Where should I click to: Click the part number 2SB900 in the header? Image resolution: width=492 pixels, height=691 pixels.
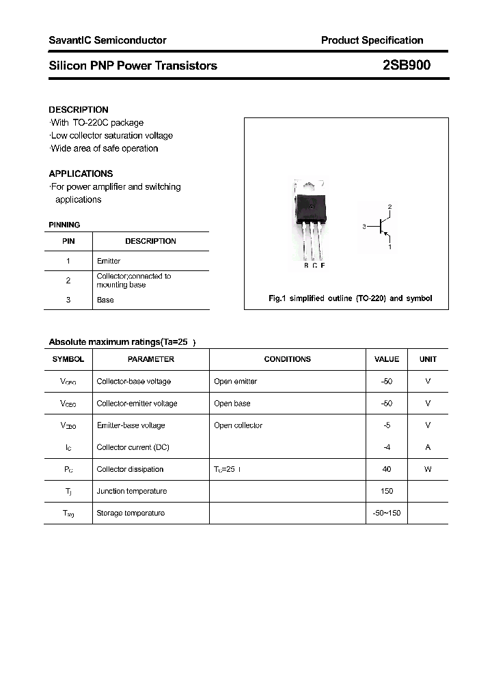click(407, 66)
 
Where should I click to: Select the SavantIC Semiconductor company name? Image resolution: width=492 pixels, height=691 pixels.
click(107, 40)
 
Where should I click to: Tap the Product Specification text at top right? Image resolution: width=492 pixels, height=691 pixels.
click(372, 40)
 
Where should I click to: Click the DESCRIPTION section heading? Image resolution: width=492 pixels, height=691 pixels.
click(79, 109)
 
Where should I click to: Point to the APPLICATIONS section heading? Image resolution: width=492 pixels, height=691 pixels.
click(81, 173)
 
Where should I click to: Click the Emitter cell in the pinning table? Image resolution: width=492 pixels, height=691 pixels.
click(109, 261)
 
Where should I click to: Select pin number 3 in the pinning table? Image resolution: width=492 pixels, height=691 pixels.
click(68, 300)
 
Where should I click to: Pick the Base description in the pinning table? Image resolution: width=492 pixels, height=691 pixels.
click(105, 300)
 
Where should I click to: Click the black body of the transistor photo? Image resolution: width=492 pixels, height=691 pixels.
click(310, 206)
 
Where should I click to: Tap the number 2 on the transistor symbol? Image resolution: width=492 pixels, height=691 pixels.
click(389, 206)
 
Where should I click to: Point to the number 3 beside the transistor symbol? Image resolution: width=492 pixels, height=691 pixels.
click(365, 226)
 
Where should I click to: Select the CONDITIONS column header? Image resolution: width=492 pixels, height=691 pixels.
click(287, 359)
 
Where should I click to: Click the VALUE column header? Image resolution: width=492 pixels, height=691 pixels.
click(387, 359)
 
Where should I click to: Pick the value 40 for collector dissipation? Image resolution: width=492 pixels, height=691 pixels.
click(387, 469)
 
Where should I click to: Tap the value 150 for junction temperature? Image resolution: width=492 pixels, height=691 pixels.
click(387, 491)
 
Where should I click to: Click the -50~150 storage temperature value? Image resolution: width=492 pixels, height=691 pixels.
click(387, 513)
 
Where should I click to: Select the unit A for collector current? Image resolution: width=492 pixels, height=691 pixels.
click(428, 447)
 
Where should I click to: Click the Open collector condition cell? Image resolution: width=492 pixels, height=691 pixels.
click(238, 425)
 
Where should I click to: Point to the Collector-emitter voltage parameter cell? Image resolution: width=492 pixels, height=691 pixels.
click(137, 404)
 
